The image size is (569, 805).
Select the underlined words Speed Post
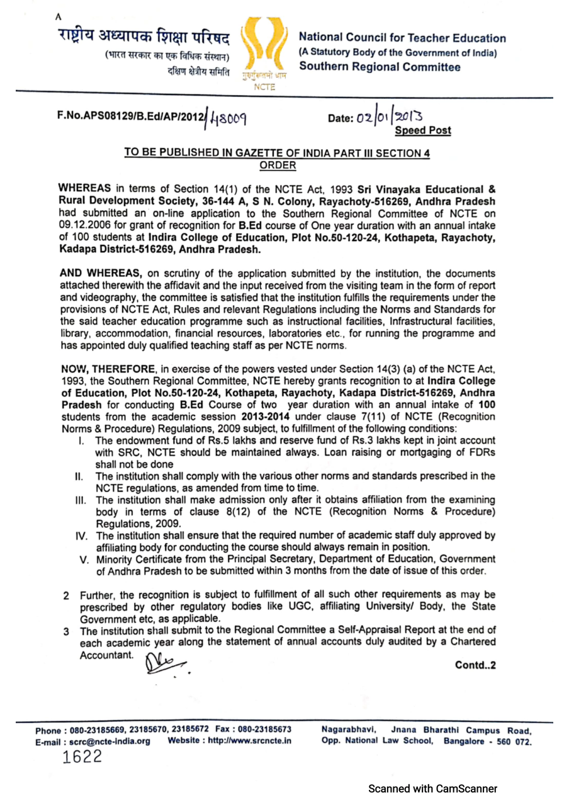[x=423, y=130]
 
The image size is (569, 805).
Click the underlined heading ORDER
[x=278, y=165]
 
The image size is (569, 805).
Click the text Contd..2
[x=479, y=666]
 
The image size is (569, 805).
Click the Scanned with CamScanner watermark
[x=432, y=789]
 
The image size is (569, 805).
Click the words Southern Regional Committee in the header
[x=380, y=67]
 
